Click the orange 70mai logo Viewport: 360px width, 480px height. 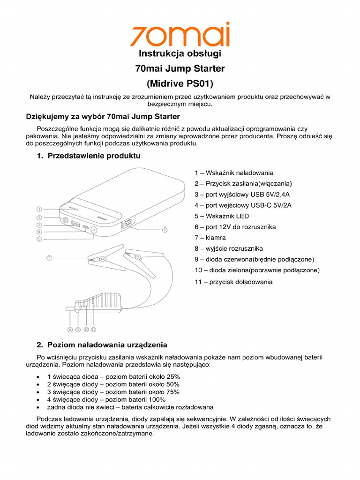[180, 35]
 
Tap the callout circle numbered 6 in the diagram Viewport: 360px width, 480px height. [165, 230]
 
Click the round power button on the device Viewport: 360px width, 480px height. [64, 220]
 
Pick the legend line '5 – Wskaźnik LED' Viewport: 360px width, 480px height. [222, 216]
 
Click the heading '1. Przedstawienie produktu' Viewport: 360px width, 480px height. [89, 156]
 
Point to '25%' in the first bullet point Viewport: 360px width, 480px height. [172, 376]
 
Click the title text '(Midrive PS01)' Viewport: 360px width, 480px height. [180, 84]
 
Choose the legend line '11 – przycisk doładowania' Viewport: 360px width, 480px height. [233, 282]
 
